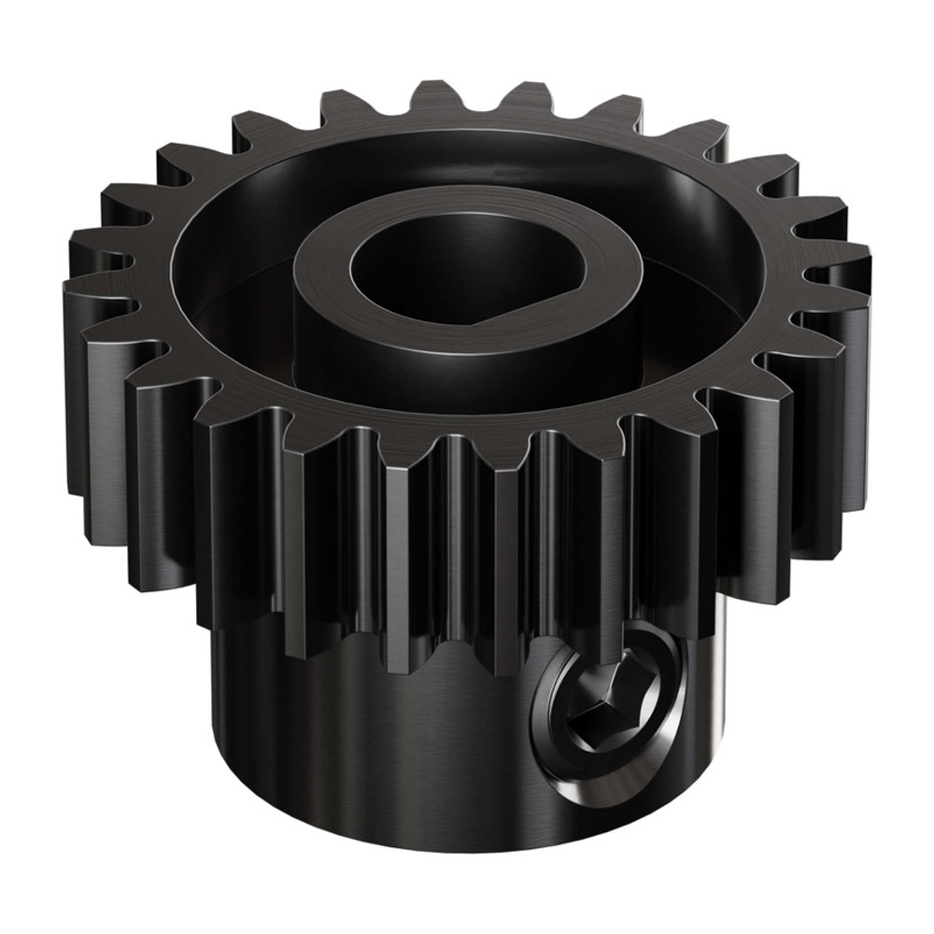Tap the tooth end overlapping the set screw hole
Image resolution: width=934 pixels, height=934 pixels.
click(621, 644)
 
